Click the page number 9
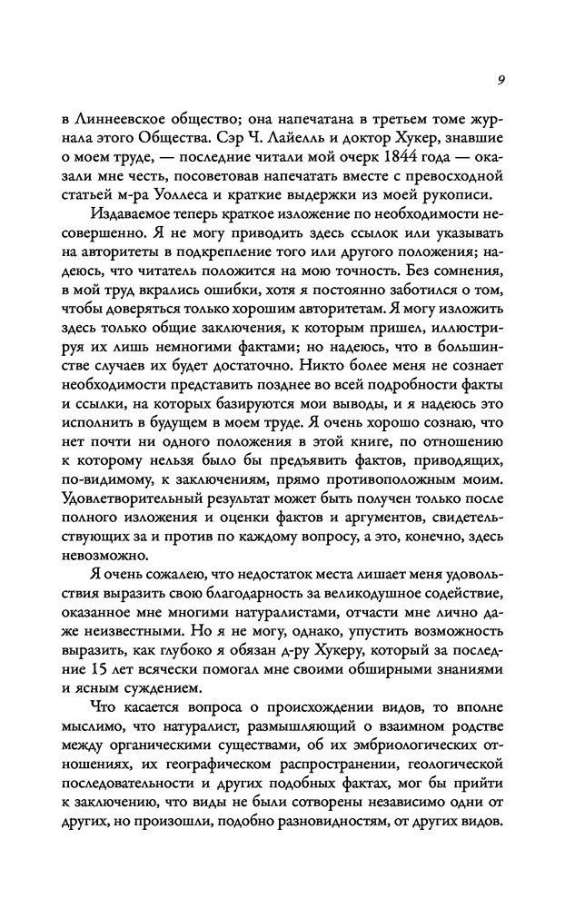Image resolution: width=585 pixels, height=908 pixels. pos(501,79)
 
